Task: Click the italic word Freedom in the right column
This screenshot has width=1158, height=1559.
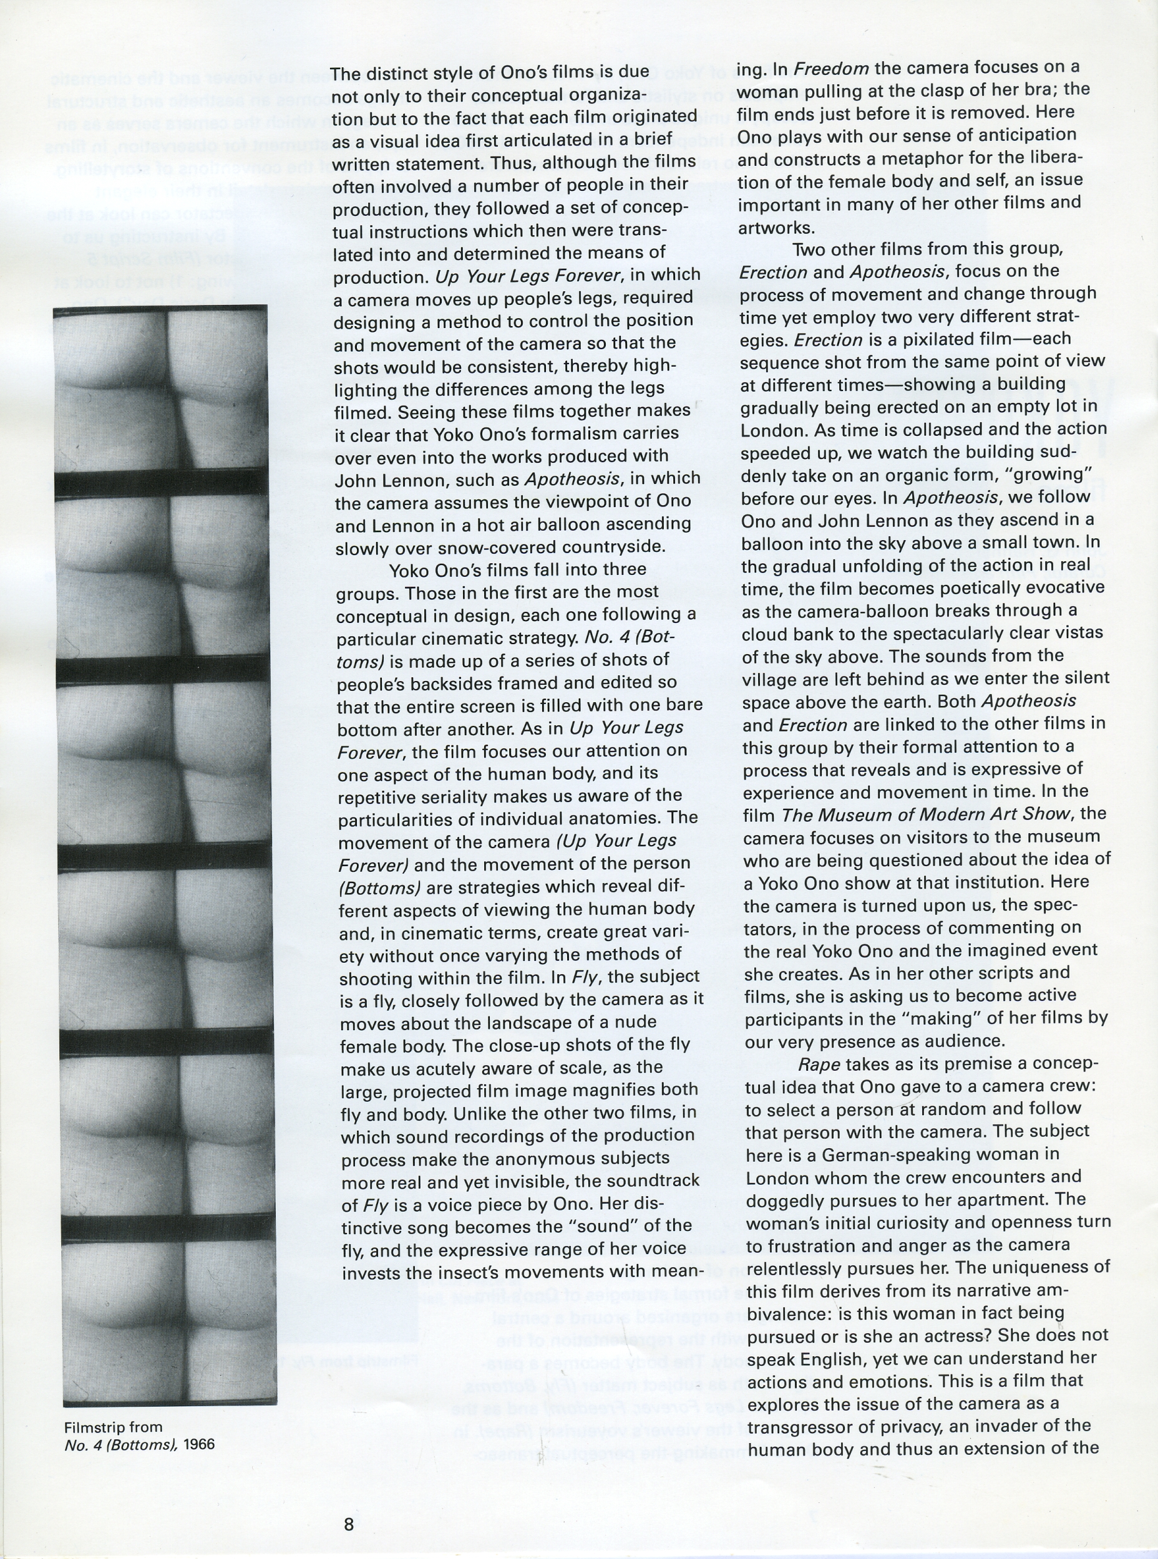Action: [x=831, y=69]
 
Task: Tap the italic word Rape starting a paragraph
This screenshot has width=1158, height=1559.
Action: [x=819, y=1064]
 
